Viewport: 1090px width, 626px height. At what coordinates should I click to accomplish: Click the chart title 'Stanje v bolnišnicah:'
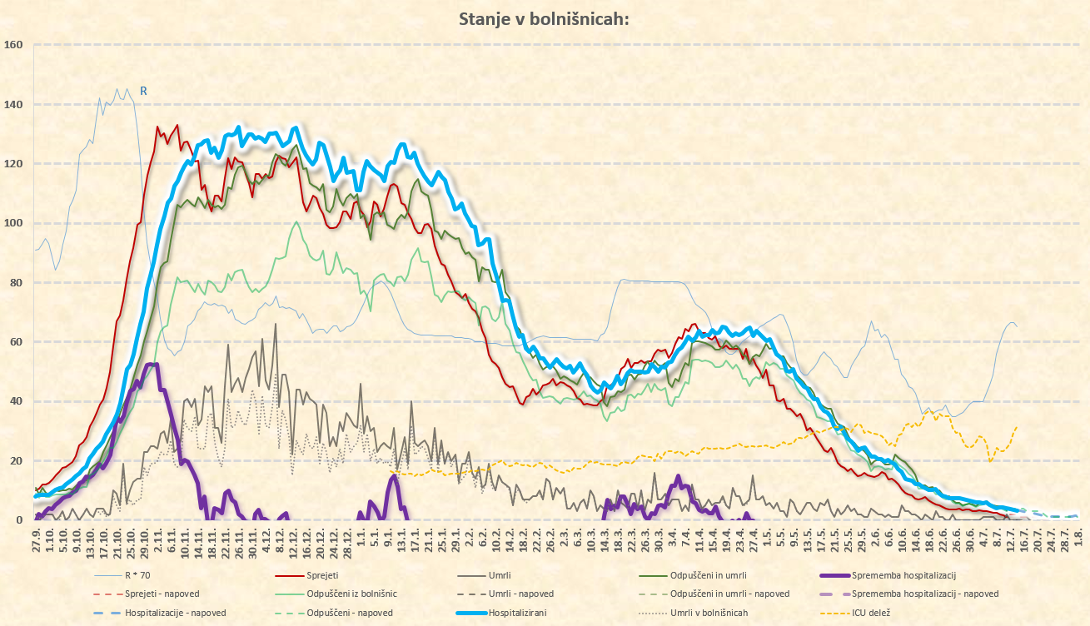[545, 19]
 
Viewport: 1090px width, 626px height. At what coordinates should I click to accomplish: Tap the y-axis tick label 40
[14, 401]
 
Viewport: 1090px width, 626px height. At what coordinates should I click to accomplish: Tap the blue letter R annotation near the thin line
[143, 91]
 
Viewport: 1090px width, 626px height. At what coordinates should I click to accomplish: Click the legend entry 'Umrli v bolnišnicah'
[709, 614]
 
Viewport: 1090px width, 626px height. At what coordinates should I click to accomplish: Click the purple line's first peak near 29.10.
[151, 365]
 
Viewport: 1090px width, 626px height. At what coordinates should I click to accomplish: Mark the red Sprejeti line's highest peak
[177, 126]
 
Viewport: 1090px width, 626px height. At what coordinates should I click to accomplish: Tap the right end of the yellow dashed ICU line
[1017, 426]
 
